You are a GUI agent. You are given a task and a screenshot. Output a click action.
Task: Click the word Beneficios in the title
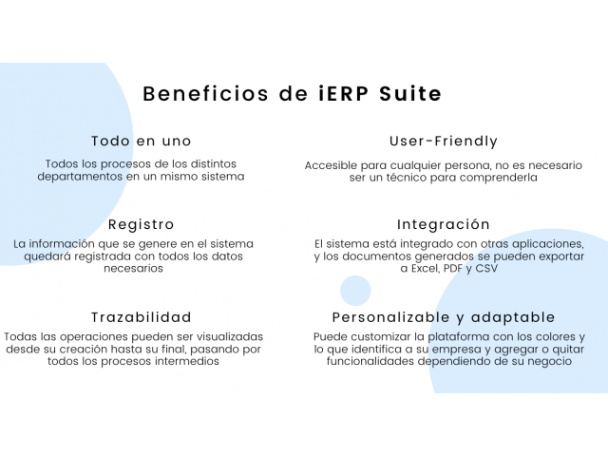point(205,94)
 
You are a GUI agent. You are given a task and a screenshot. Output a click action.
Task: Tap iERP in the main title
point(344,94)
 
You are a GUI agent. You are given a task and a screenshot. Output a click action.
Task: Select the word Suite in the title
point(410,94)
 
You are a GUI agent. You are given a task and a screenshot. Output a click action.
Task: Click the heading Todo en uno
point(142,141)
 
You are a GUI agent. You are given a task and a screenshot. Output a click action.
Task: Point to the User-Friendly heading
point(444,142)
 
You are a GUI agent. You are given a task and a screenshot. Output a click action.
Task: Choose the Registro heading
point(142,224)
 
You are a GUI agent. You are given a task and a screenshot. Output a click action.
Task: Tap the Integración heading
point(444,224)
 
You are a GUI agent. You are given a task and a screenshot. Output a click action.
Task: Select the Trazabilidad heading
point(142,317)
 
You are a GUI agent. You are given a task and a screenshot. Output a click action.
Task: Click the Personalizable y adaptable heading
point(444,317)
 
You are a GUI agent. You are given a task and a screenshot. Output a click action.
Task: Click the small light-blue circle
point(355,291)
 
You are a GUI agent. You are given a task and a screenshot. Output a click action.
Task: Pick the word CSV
point(486,268)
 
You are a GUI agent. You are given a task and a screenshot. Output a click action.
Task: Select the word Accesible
point(331,165)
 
